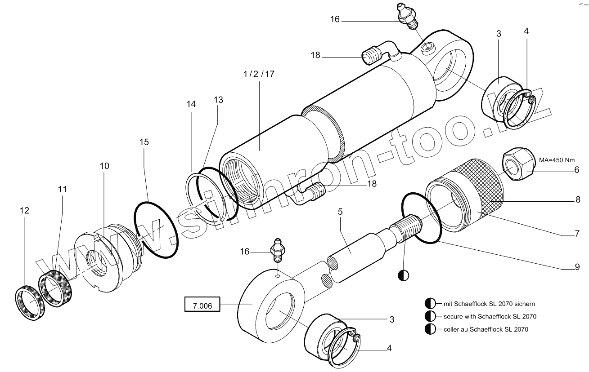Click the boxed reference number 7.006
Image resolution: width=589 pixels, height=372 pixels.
pos(202,306)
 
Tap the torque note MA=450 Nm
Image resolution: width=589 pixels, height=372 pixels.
pos(557,160)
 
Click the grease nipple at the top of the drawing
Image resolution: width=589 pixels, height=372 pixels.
pos(406,16)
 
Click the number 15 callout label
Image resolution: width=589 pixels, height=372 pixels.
pos(144,142)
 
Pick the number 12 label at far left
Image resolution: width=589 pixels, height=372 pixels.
pos(24,210)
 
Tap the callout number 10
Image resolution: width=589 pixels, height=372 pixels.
pos(104,166)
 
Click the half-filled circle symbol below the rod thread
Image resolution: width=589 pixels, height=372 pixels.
pos(403,275)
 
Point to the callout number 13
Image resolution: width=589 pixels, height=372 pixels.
pos(218,100)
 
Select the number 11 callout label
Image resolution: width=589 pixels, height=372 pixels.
pos(62,190)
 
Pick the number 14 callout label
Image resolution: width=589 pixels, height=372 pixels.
pos(191,104)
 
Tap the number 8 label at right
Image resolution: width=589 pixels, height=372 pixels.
pos(578,200)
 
